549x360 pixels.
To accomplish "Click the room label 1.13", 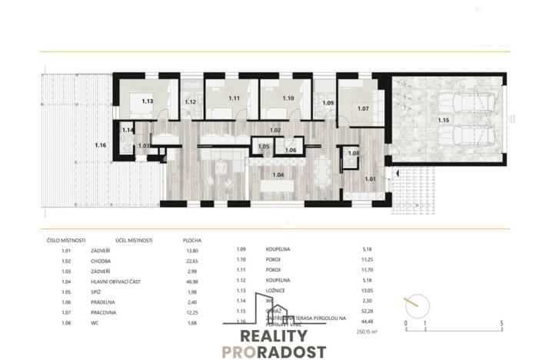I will click(148, 101).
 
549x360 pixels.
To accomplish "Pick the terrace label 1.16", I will click(101, 145).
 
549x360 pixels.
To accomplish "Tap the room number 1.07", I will click(364, 108).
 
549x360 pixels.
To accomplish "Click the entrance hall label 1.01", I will click(370, 179).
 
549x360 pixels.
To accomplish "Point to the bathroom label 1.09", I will click(328, 103).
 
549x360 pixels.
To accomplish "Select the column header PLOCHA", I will click(192, 240).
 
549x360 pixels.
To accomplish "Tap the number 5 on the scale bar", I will click(501, 324).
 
